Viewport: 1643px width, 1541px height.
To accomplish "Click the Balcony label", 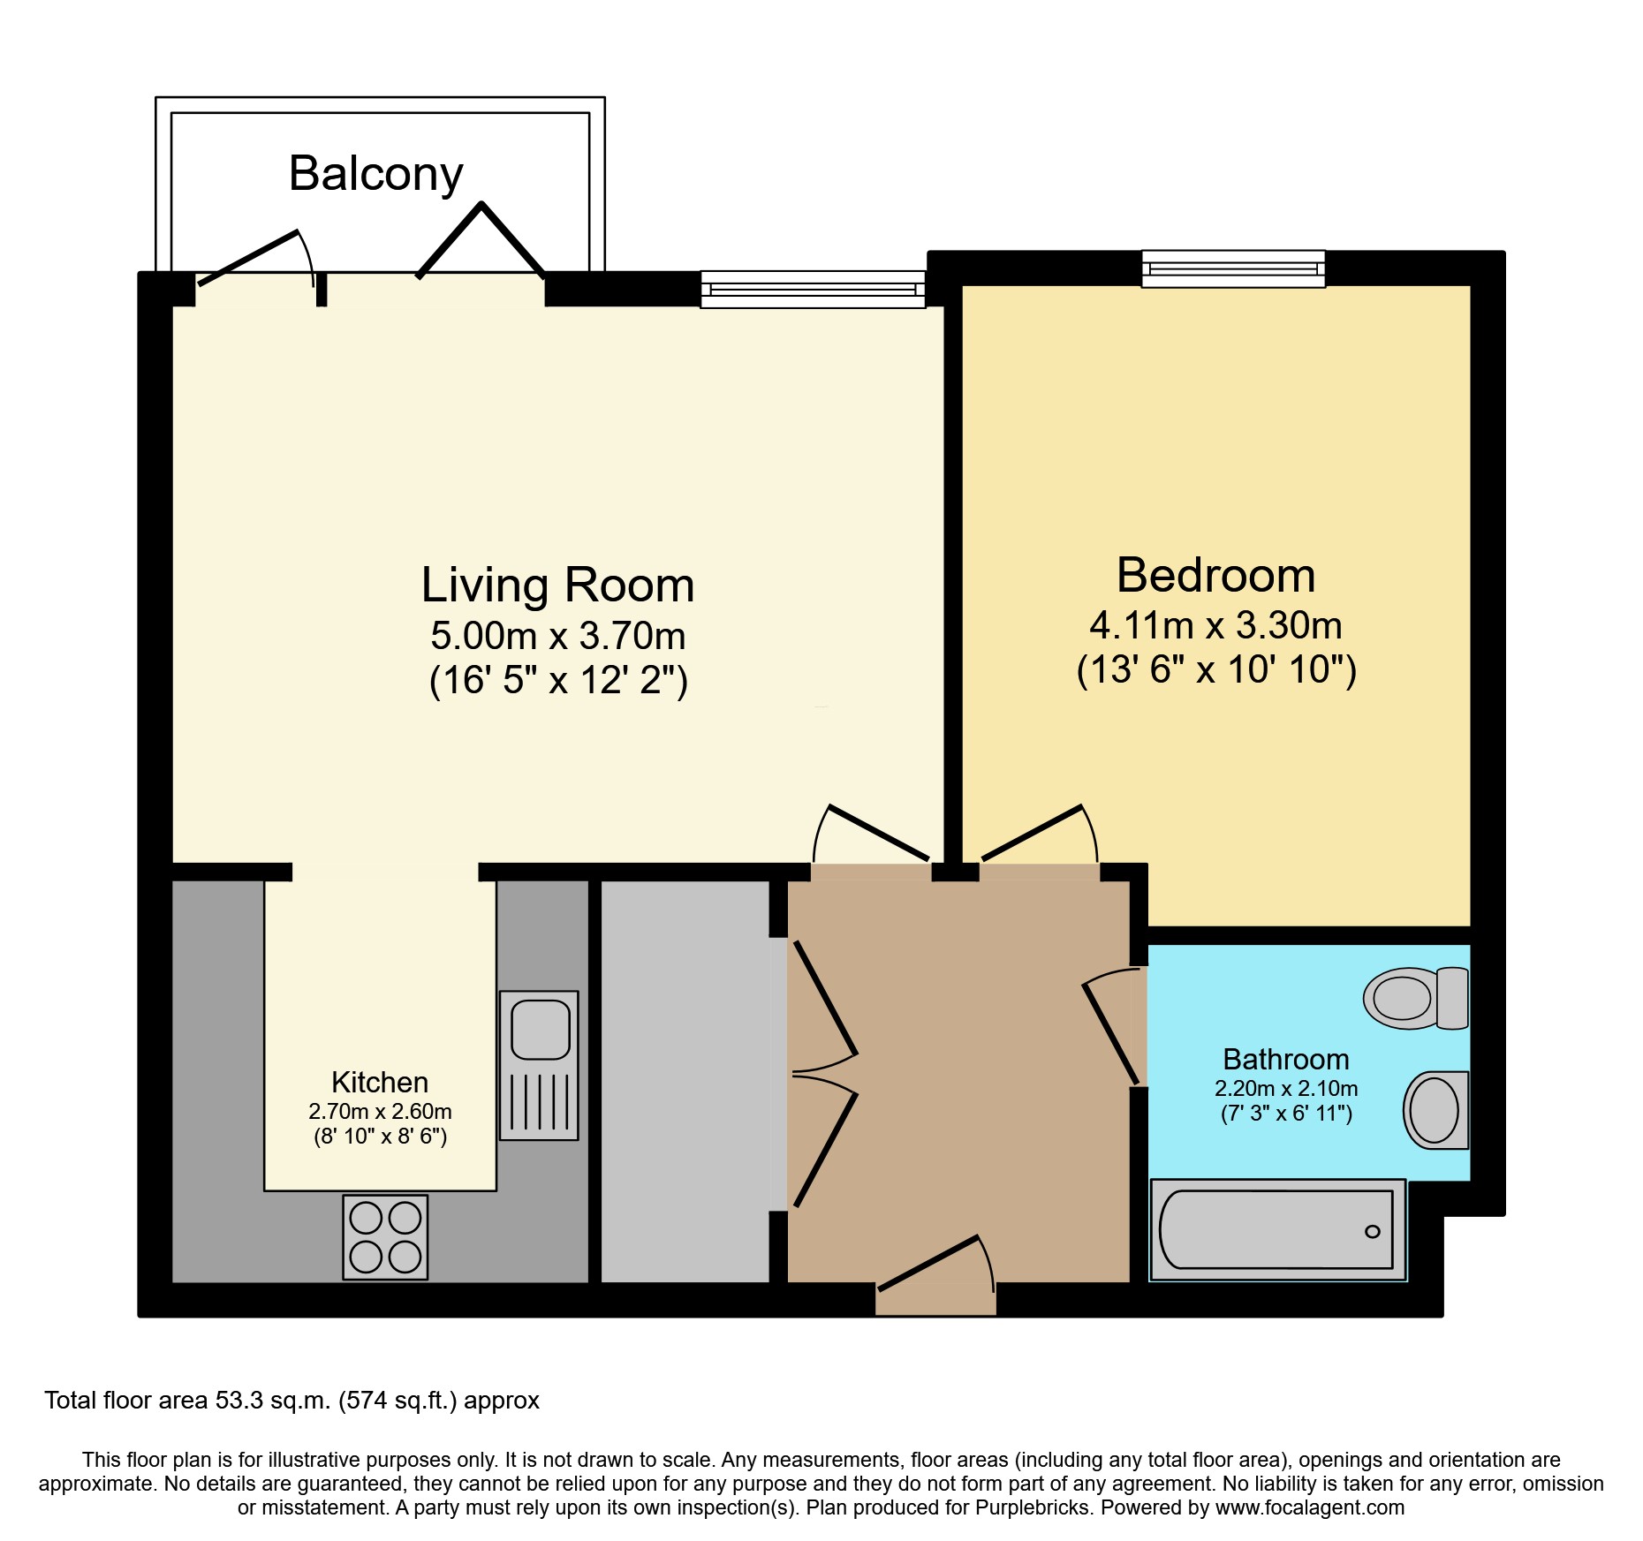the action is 376,175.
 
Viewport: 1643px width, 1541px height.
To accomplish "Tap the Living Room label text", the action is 557,585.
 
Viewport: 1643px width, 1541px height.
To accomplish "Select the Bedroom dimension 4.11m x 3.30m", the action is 1215,625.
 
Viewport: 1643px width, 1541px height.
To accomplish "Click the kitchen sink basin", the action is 541,1029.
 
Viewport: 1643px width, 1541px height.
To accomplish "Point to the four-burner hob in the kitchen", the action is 385,1237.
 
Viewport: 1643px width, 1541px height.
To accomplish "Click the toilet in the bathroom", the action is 1416,998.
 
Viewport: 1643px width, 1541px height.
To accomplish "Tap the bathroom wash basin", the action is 1435,1110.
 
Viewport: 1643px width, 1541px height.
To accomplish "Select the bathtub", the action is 1277,1230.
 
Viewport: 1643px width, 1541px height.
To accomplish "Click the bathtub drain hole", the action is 1372,1232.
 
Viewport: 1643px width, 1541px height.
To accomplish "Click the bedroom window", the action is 1233,268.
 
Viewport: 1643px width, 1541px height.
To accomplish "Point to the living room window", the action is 813,289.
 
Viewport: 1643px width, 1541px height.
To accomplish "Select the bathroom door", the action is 1112,1024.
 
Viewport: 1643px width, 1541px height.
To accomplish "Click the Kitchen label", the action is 380,1082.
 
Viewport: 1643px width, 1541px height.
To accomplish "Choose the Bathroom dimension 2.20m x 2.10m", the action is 1286,1089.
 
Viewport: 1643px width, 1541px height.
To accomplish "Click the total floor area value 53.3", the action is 239,1401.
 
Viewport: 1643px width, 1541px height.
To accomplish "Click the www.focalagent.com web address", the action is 1310,1507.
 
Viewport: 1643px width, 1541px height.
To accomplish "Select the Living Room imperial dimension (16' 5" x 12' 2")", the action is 558,681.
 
